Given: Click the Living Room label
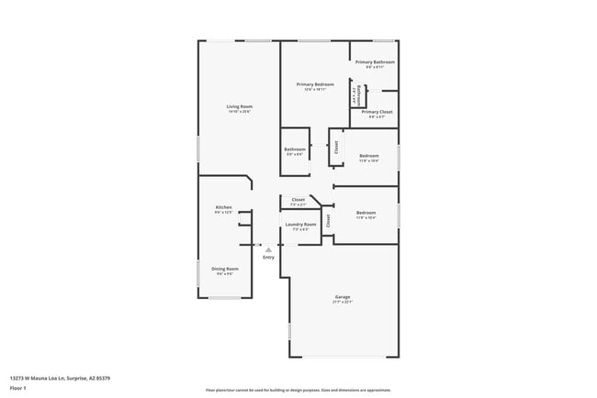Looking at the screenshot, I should pos(240,106).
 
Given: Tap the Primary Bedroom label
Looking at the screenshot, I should pos(314,84).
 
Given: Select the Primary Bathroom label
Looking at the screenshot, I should pos(375,62).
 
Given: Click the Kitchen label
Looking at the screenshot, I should pos(223,207).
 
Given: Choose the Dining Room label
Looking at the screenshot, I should pos(225,269).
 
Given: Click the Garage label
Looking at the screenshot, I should pos(343,296).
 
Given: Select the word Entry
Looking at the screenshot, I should pos(268,257).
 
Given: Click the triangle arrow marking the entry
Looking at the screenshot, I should pos(268,249).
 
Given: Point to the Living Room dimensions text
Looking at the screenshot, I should pos(240,112).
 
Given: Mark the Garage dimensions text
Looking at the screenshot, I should pos(343,302).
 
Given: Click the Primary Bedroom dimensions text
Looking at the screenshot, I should pos(314,90).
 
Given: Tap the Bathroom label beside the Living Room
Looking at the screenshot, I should pos(294,149).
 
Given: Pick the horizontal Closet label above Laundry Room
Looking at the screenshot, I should pos(298,199).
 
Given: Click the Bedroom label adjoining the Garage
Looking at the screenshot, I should pos(366,213).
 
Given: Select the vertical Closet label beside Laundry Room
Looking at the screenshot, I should pos(328,220).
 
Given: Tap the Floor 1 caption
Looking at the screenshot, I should pos(18,387).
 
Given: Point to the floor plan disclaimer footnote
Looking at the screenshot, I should pos(298,390).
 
